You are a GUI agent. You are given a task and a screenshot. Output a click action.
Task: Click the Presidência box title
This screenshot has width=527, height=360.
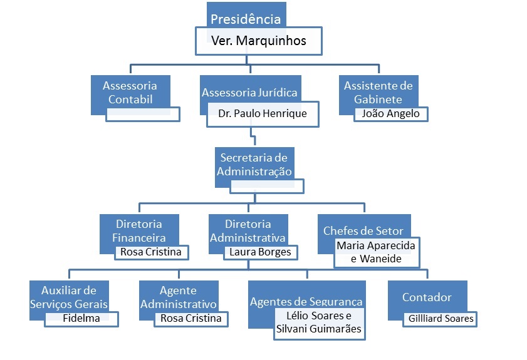point(246,19)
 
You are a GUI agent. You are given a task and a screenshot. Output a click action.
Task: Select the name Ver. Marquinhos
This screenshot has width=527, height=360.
point(258,42)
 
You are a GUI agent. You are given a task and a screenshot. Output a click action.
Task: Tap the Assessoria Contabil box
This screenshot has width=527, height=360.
point(130,92)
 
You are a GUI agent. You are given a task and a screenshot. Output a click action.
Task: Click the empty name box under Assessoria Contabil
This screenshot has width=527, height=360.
point(143,114)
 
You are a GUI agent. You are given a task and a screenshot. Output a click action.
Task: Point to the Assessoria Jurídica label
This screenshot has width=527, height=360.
point(249,93)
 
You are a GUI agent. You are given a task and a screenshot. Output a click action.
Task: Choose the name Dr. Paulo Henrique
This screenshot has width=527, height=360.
point(263,114)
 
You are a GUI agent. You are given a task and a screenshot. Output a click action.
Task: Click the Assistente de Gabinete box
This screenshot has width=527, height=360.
point(378,92)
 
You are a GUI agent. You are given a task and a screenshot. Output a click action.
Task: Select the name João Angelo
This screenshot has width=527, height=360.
point(391,114)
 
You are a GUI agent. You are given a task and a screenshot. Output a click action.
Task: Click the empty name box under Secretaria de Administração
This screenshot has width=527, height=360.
point(267,186)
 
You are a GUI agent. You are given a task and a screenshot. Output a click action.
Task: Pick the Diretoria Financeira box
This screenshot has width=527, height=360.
point(139,230)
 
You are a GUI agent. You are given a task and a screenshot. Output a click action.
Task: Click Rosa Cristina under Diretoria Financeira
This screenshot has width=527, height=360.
point(151,252)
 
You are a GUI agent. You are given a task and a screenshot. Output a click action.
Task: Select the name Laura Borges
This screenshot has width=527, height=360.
point(260,252)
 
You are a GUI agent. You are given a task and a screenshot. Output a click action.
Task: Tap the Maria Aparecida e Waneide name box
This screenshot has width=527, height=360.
point(377,252)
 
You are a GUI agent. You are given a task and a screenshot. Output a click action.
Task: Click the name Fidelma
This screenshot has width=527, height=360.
point(81,318)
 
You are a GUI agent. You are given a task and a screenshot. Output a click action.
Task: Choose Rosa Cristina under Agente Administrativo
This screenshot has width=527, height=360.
point(191,318)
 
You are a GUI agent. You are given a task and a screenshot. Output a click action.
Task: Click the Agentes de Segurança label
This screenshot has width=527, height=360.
point(306,302)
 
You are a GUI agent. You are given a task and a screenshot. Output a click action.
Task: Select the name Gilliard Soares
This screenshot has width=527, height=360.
point(440,319)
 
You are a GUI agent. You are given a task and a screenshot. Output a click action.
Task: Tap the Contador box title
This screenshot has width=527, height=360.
point(427,297)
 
